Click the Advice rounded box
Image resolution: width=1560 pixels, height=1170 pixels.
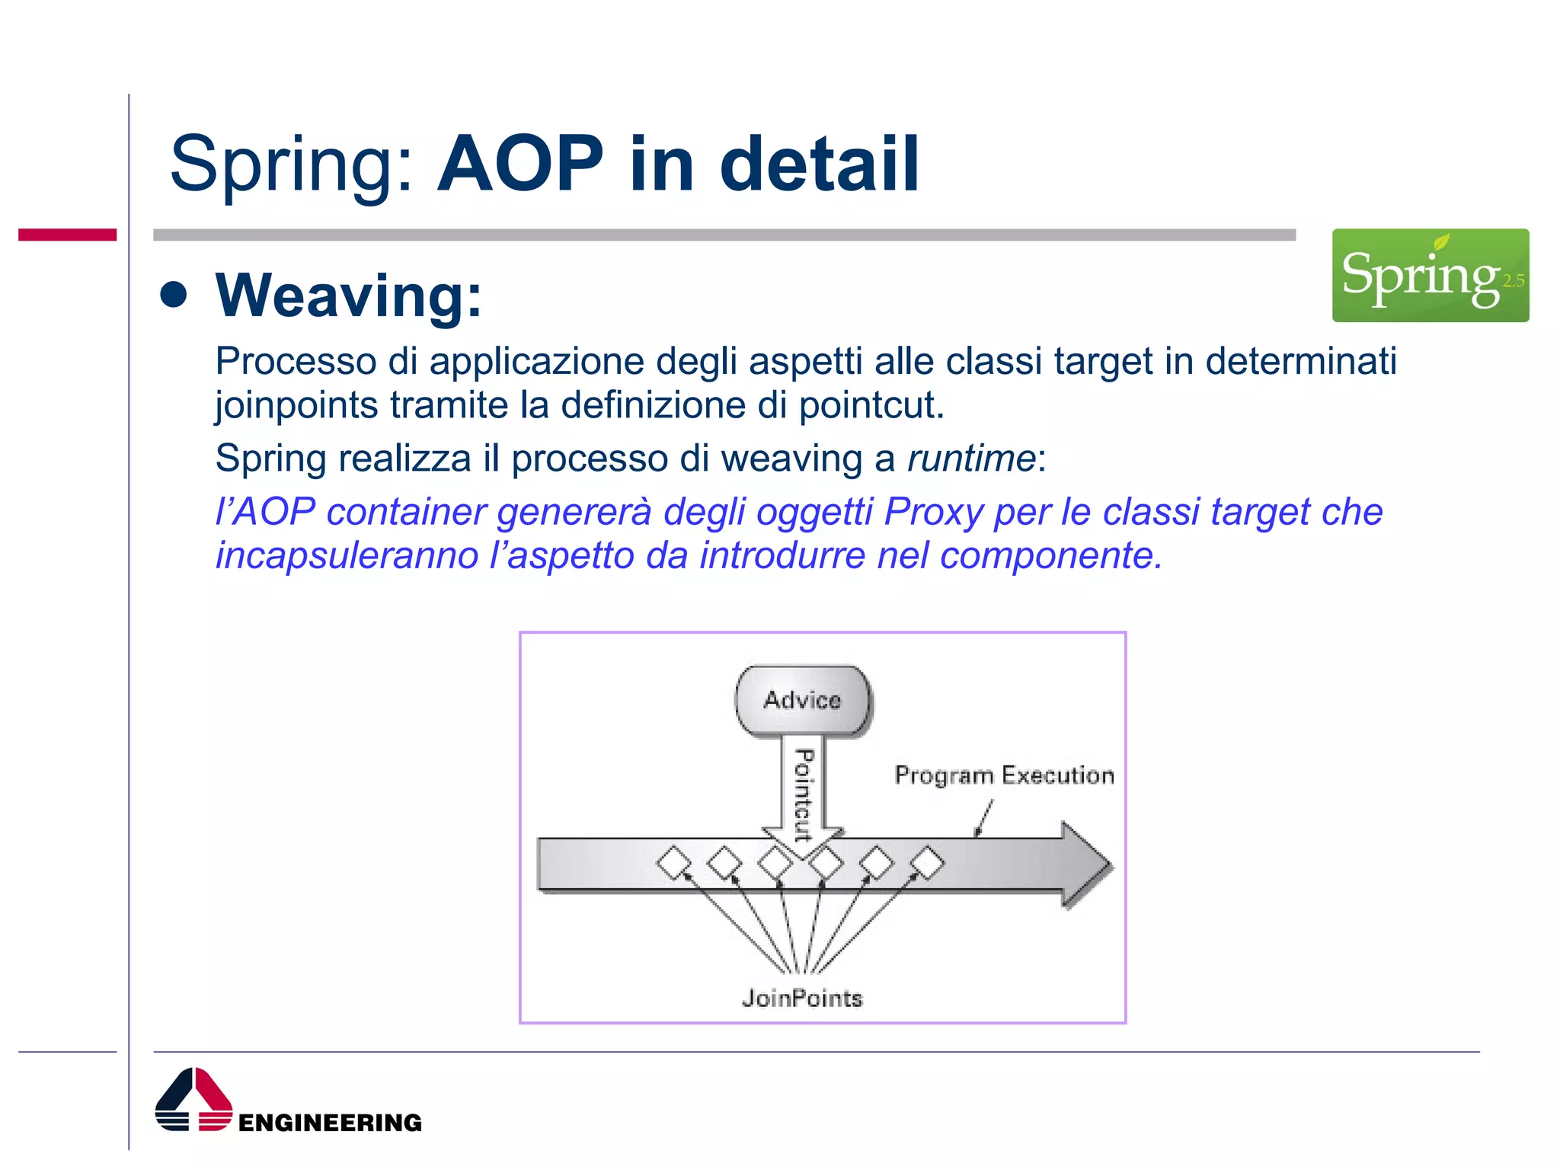(x=803, y=700)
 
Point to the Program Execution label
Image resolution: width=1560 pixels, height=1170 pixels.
(x=1004, y=775)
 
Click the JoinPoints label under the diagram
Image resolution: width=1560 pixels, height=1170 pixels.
(x=802, y=998)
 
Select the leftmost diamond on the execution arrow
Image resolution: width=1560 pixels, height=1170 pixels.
(x=674, y=863)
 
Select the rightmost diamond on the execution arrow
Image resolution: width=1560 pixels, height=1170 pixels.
(x=927, y=863)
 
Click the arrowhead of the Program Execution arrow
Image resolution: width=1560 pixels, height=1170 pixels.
(x=1085, y=865)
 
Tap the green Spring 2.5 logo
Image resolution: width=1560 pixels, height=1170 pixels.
(x=1430, y=275)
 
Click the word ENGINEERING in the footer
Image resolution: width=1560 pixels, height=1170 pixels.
(x=330, y=1122)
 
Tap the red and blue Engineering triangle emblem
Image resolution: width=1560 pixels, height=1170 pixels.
(x=193, y=1100)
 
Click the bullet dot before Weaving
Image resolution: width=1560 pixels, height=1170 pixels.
(x=174, y=296)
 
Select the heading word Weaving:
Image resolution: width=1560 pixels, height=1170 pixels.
(x=349, y=296)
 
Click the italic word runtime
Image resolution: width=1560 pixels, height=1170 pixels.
(x=971, y=459)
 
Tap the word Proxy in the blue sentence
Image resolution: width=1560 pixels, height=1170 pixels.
(x=934, y=511)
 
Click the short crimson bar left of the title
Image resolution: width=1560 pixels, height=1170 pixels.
(x=67, y=235)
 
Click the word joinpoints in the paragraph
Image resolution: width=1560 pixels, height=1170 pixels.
(x=296, y=405)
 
